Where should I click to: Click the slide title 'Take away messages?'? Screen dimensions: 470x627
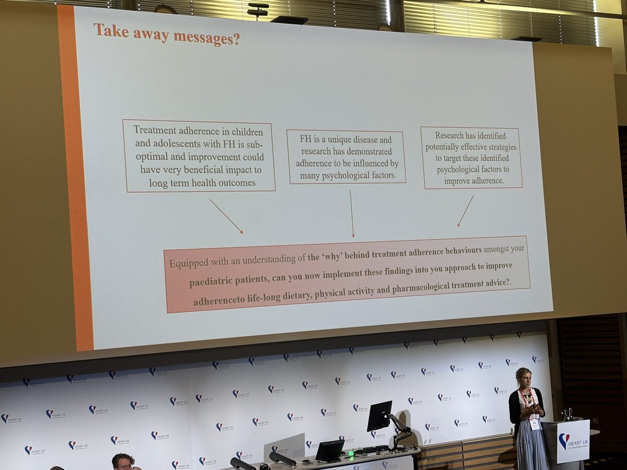point(167,34)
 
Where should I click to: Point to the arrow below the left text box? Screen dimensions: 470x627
point(226,216)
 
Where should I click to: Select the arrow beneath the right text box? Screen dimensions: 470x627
point(465,211)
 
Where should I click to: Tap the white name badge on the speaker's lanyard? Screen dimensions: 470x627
point(534,424)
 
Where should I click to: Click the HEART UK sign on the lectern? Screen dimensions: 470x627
point(573,442)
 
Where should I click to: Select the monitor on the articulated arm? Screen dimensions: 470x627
point(379,416)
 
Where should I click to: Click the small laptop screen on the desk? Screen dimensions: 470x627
point(330,449)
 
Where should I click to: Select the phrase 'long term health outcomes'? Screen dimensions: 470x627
point(202,182)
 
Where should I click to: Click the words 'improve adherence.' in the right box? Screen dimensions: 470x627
point(473,181)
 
